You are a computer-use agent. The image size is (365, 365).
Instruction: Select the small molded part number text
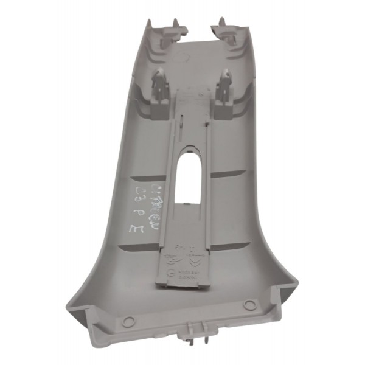tap(193, 277)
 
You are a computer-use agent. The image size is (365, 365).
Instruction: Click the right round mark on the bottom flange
tap(248, 304)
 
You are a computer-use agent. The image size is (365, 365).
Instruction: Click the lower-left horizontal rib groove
tap(140, 247)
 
